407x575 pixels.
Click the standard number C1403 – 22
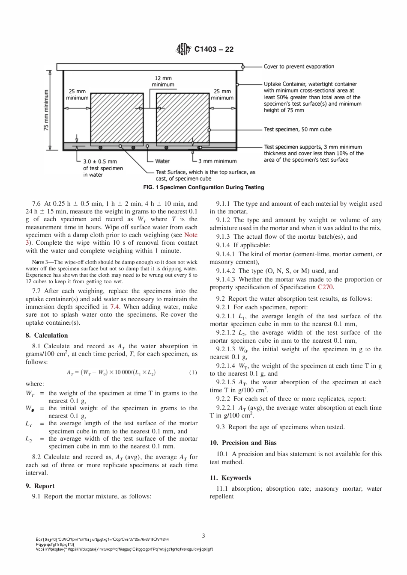pos(214,50)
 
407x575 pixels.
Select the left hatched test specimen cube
pos(117,118)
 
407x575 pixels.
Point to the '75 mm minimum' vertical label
pos(47,110)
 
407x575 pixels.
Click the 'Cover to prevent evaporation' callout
pos(299,66)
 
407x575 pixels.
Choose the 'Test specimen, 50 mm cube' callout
pos(297,129)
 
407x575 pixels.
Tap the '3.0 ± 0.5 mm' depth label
pos(100,161)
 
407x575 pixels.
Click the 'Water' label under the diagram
pos(162,161)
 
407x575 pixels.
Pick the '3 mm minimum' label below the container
pos(217,161)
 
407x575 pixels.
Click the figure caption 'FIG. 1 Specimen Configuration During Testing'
pos(203,187)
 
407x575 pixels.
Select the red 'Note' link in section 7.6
pos(191,235)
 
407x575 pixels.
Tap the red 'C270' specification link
pos(325,287)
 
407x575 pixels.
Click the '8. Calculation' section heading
pos(47,335)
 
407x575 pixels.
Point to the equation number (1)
pos(193,373)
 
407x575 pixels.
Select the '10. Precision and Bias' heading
pos(243,443)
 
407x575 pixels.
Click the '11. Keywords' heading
pos(230,478)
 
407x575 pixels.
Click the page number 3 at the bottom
pos(203,536)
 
